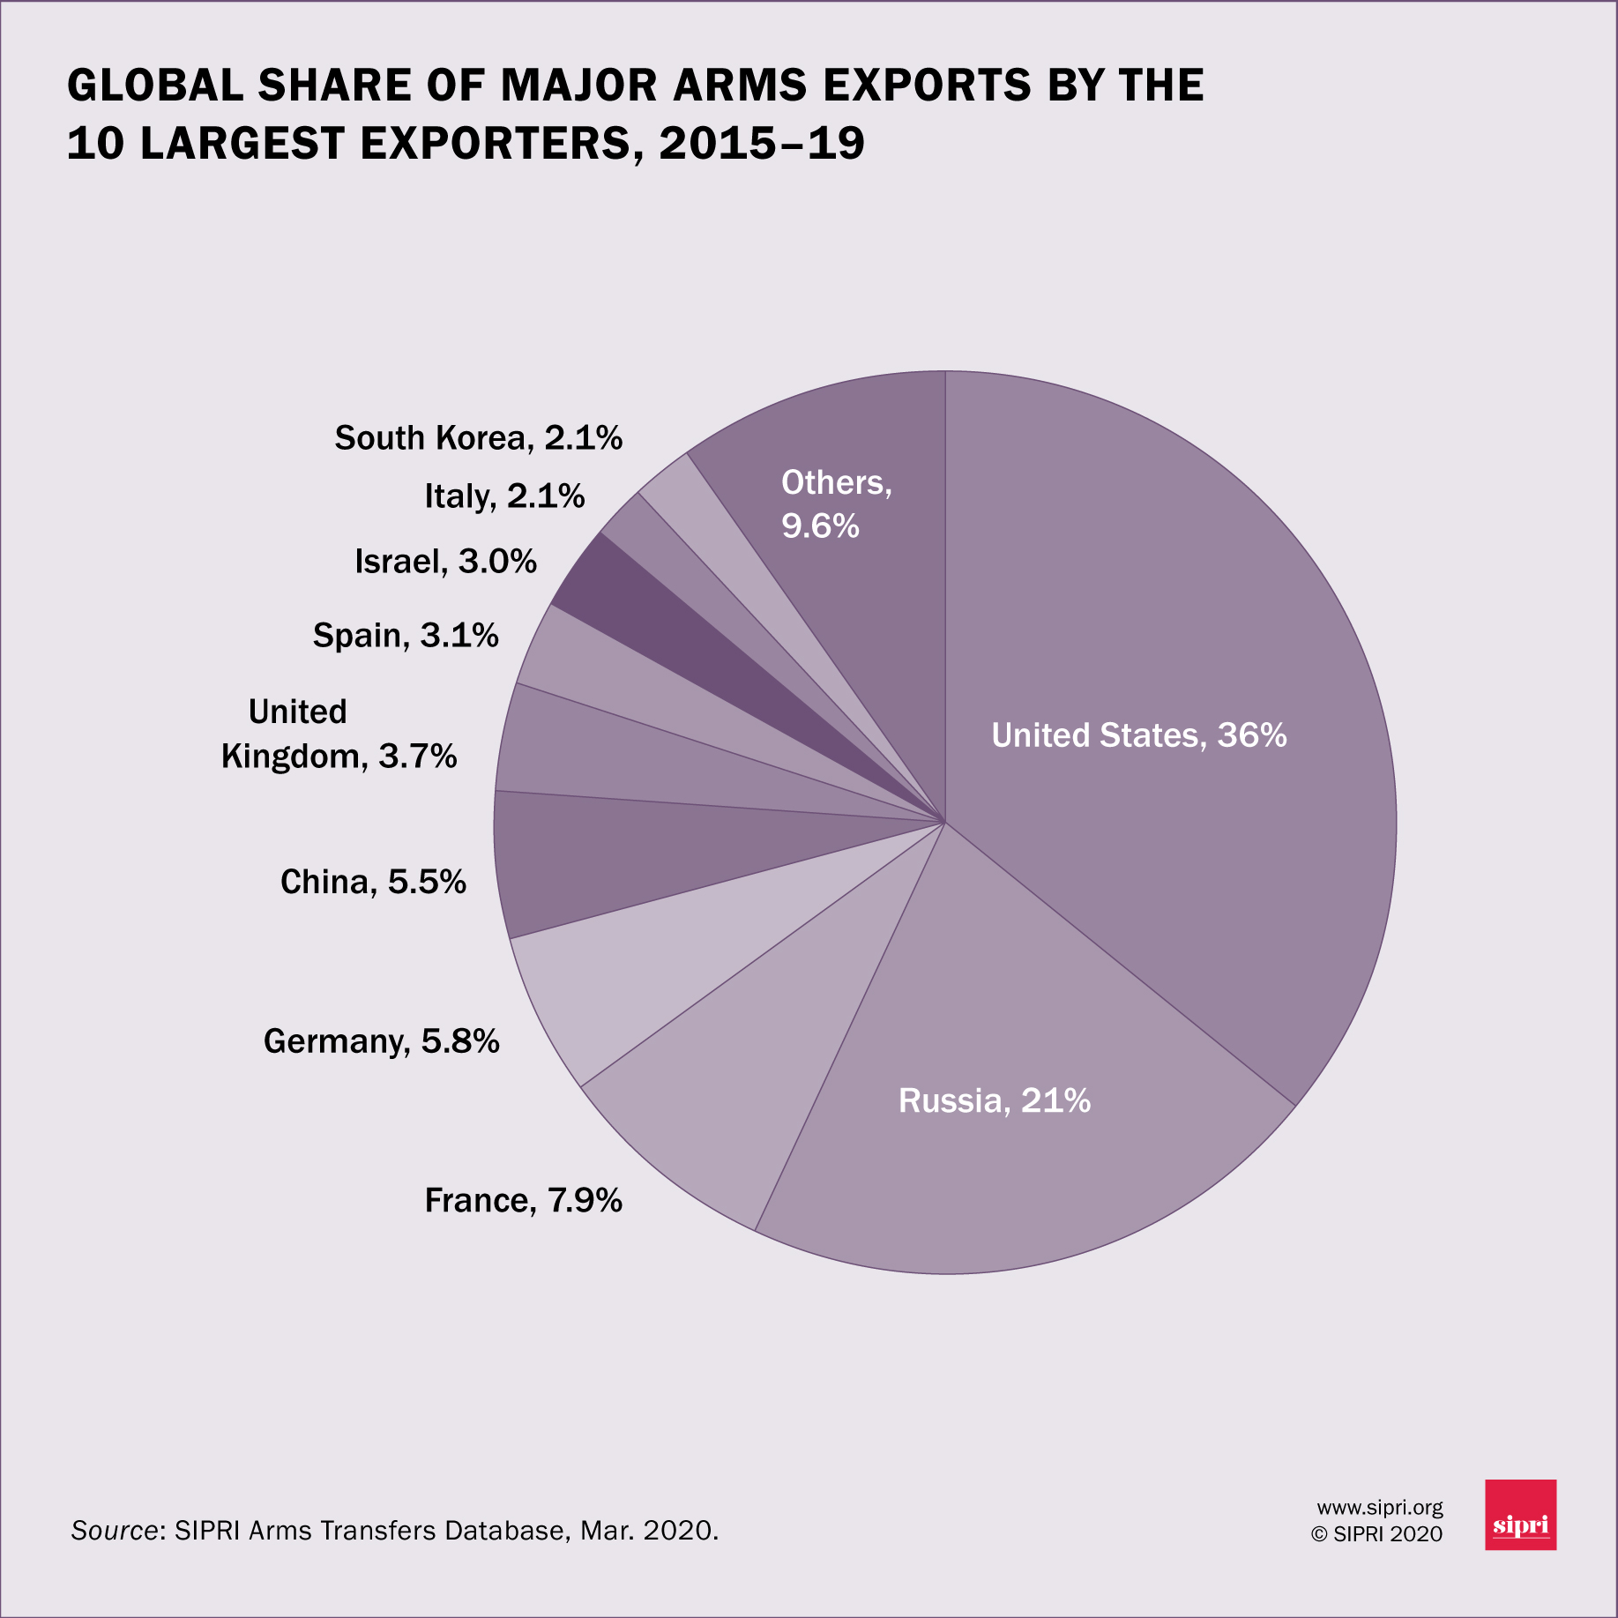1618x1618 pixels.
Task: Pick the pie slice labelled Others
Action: pyautogui.click(x=846, y=573)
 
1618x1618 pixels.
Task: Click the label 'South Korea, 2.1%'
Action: pyautogui.click(x=478, y=438)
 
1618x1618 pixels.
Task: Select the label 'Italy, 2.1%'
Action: pyautogui.click(x=504, y=496)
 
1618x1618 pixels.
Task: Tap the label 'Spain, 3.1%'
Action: pyautogui.click(x=406, y=636)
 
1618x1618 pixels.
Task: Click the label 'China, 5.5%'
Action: pyautogui.click(x=373, y=882)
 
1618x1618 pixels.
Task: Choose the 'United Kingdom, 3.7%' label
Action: pyautogui.click(x=339, y=734)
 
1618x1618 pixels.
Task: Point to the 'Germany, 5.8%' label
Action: pyautogui.click(x=381, y=1041)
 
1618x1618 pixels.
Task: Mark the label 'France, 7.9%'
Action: pyautogui.click(x=523, y=1200)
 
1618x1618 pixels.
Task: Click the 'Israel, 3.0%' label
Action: pyautogui.click(x=445, y=562)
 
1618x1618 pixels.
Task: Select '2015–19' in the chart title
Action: pyautogui.click(x=762, y=143)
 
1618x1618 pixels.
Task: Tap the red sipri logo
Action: pyautogui.click(x=1520, y=1515)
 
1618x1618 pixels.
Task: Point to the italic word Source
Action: pyautogui.click(x=114, y=1531)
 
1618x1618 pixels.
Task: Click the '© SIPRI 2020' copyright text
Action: pyautogui.click(x=1376, y=1534)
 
